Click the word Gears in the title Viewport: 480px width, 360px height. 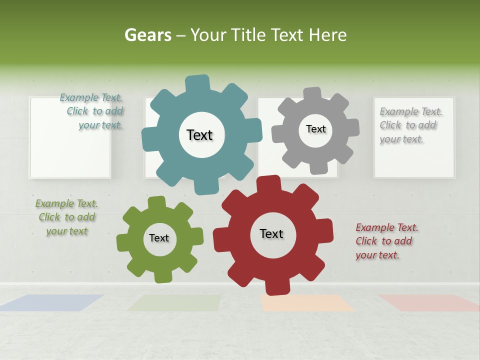point(147,35)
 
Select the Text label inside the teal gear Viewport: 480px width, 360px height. point(199,135)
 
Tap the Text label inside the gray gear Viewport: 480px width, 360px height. point(315,129)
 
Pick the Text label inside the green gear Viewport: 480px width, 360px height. point(159,238)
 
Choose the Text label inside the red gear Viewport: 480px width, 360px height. point(271,233)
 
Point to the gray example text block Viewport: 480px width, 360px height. point(409,125)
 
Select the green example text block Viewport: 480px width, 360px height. point(66,217)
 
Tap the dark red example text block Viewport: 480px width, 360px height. point(386,241)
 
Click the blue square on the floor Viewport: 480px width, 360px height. point(52,302)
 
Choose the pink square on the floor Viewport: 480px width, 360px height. point(428,302)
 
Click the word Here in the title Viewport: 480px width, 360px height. point(328,35)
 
